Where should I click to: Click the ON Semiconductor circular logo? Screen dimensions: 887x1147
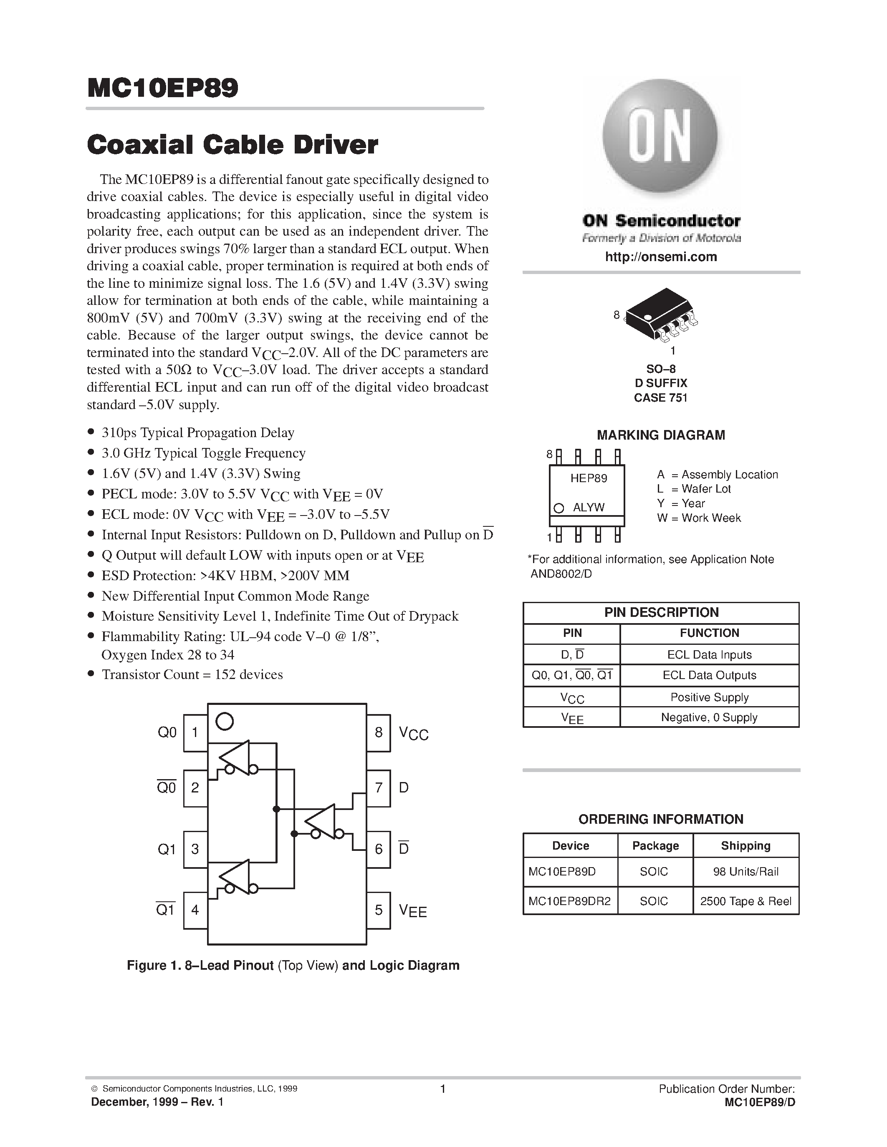(660, 137)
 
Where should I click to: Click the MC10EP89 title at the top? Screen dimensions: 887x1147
(162, 88)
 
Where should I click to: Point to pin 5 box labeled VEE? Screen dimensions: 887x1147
(378, 910)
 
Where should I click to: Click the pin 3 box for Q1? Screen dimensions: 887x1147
(195, 849)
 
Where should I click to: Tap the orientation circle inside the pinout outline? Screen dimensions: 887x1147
(225, 721)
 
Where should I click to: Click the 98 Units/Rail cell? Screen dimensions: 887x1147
(745, 872)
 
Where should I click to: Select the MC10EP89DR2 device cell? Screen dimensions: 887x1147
(570, 901)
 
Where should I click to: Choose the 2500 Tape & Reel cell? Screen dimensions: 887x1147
(745, 901)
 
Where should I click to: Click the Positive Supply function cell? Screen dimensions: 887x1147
(709, 697)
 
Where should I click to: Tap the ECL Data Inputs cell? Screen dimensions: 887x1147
(709, 654)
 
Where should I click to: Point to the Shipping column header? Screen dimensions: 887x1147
(745, 845)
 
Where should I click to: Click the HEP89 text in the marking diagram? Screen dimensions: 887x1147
(589, 478)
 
